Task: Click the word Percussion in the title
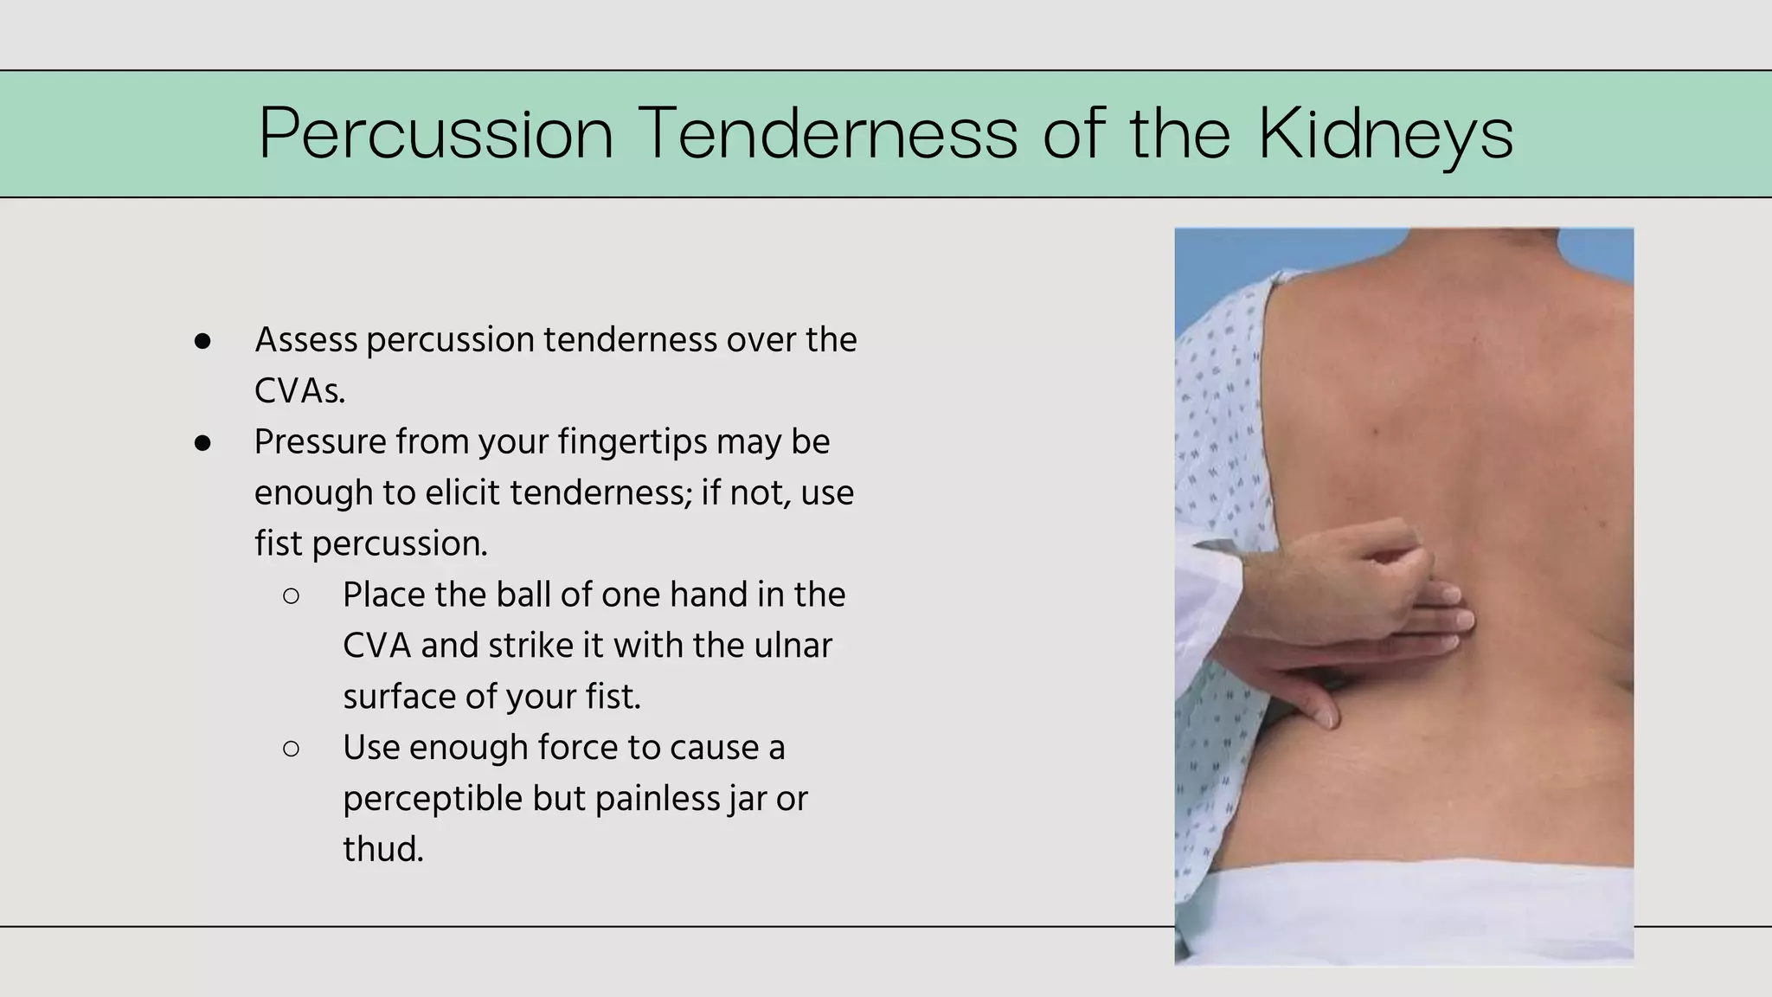[x=436, y=134]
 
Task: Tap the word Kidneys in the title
[x=1384, y=134]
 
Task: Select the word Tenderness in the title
[x=830, y=134]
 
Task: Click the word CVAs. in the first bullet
[x=299, y=391]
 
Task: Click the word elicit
[x=462, y=493]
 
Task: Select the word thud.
[x=382, y=849]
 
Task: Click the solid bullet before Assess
[x=202, y=341]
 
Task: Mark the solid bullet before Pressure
[x=202, y=443]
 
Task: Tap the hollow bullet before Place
[x=291, y=595]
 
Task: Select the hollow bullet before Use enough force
[x=291, y=749]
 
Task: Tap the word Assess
[x=305, y=340]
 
